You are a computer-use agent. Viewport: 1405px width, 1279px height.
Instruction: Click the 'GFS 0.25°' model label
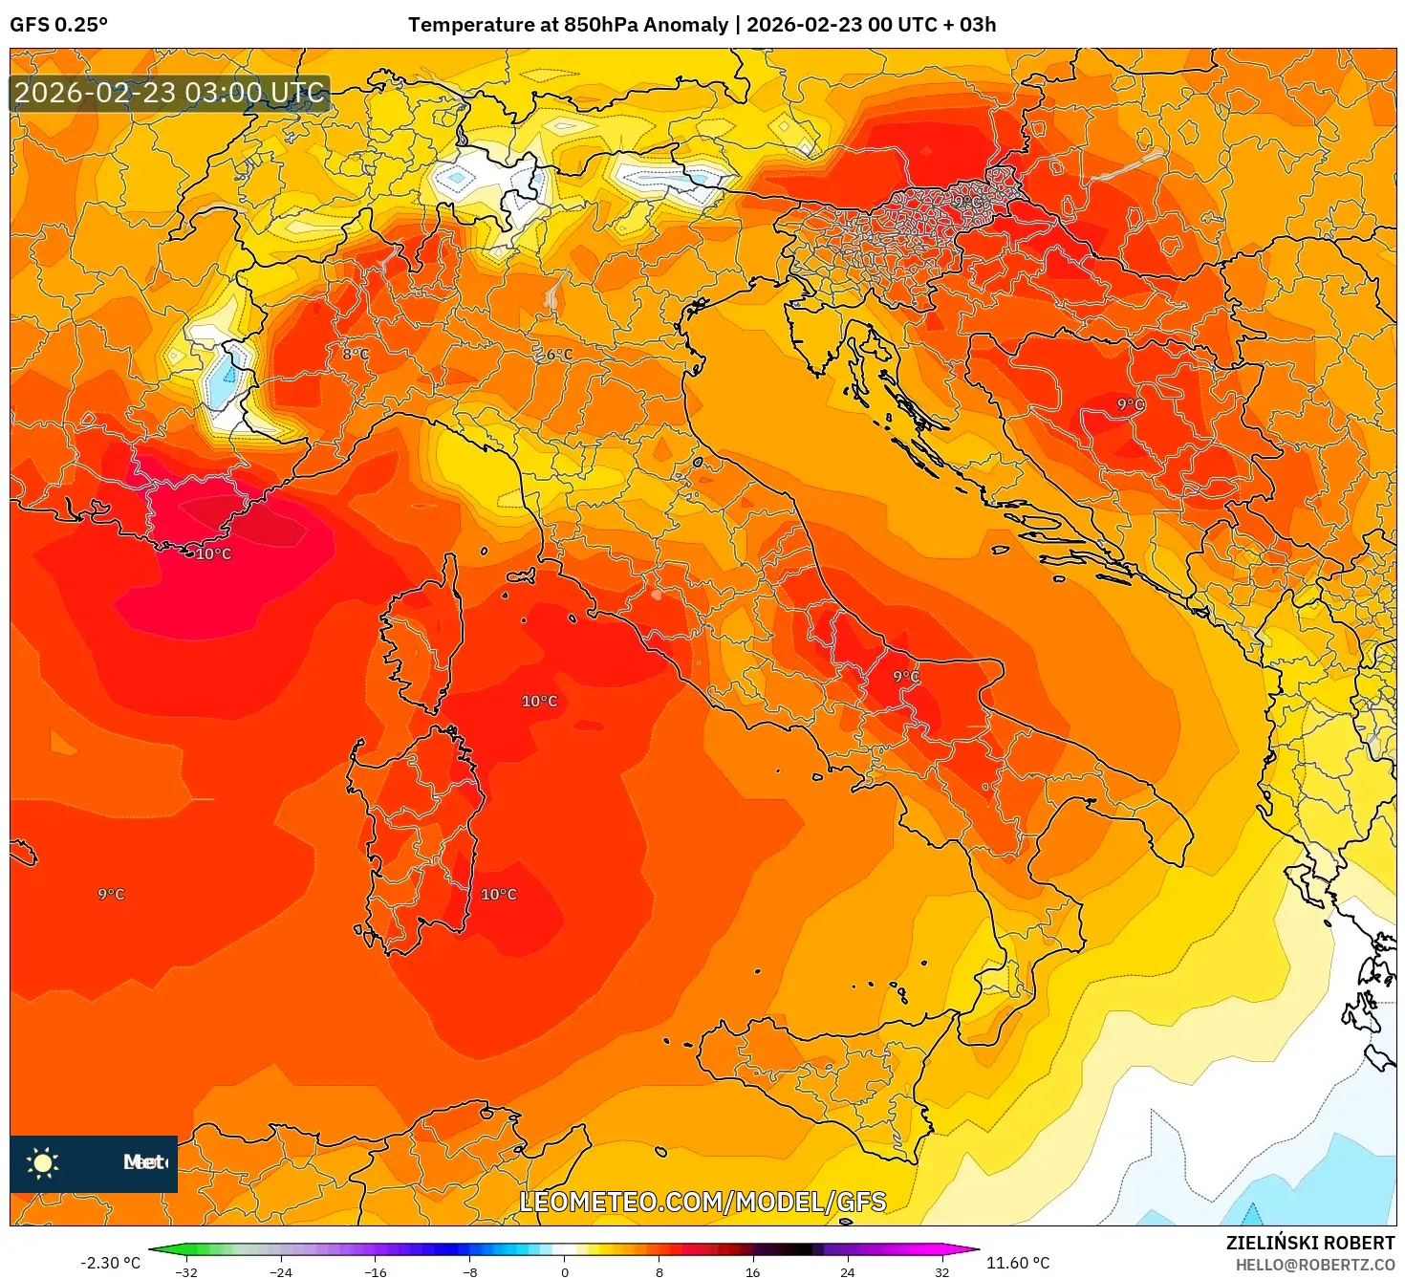[58, 25]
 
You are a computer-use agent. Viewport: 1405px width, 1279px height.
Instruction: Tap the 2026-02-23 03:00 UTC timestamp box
[169, 93]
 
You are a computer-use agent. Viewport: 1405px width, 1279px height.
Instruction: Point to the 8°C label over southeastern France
[356, 354]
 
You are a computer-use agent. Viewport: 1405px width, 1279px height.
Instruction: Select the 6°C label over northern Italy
[559, 355]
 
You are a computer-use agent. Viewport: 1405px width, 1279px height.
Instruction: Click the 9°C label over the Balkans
[1131, 404]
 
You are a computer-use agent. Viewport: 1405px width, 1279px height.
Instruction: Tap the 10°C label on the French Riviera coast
[213, 553]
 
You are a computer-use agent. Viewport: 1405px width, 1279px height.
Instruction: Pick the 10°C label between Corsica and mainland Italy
[539, 701]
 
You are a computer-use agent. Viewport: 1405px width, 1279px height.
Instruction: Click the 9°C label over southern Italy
[906, 676]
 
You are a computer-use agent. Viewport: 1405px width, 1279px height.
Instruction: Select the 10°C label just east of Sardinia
[498, 894]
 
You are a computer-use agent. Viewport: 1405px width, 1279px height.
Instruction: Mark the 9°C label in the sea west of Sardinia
[111, 894]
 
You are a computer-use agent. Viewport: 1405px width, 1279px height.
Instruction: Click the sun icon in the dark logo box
[43, 1162]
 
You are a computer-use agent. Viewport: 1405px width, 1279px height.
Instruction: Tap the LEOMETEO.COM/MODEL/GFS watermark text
[702, 1202]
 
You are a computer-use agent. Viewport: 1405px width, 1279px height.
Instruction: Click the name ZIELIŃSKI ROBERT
[1310, 1243]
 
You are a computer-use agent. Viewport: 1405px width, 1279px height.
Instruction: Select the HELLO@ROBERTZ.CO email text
[1315, 1265]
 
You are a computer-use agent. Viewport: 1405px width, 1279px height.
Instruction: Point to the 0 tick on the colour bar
[565, 1271]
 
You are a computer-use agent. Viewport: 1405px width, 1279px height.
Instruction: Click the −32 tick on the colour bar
[186, 1271]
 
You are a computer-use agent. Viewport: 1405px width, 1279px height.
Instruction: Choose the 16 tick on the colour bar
[753, 1271]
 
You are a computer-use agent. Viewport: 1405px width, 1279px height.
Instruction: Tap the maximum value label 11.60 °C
[1017, 1263]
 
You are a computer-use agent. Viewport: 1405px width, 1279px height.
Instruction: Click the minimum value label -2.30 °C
[110, 1263]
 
